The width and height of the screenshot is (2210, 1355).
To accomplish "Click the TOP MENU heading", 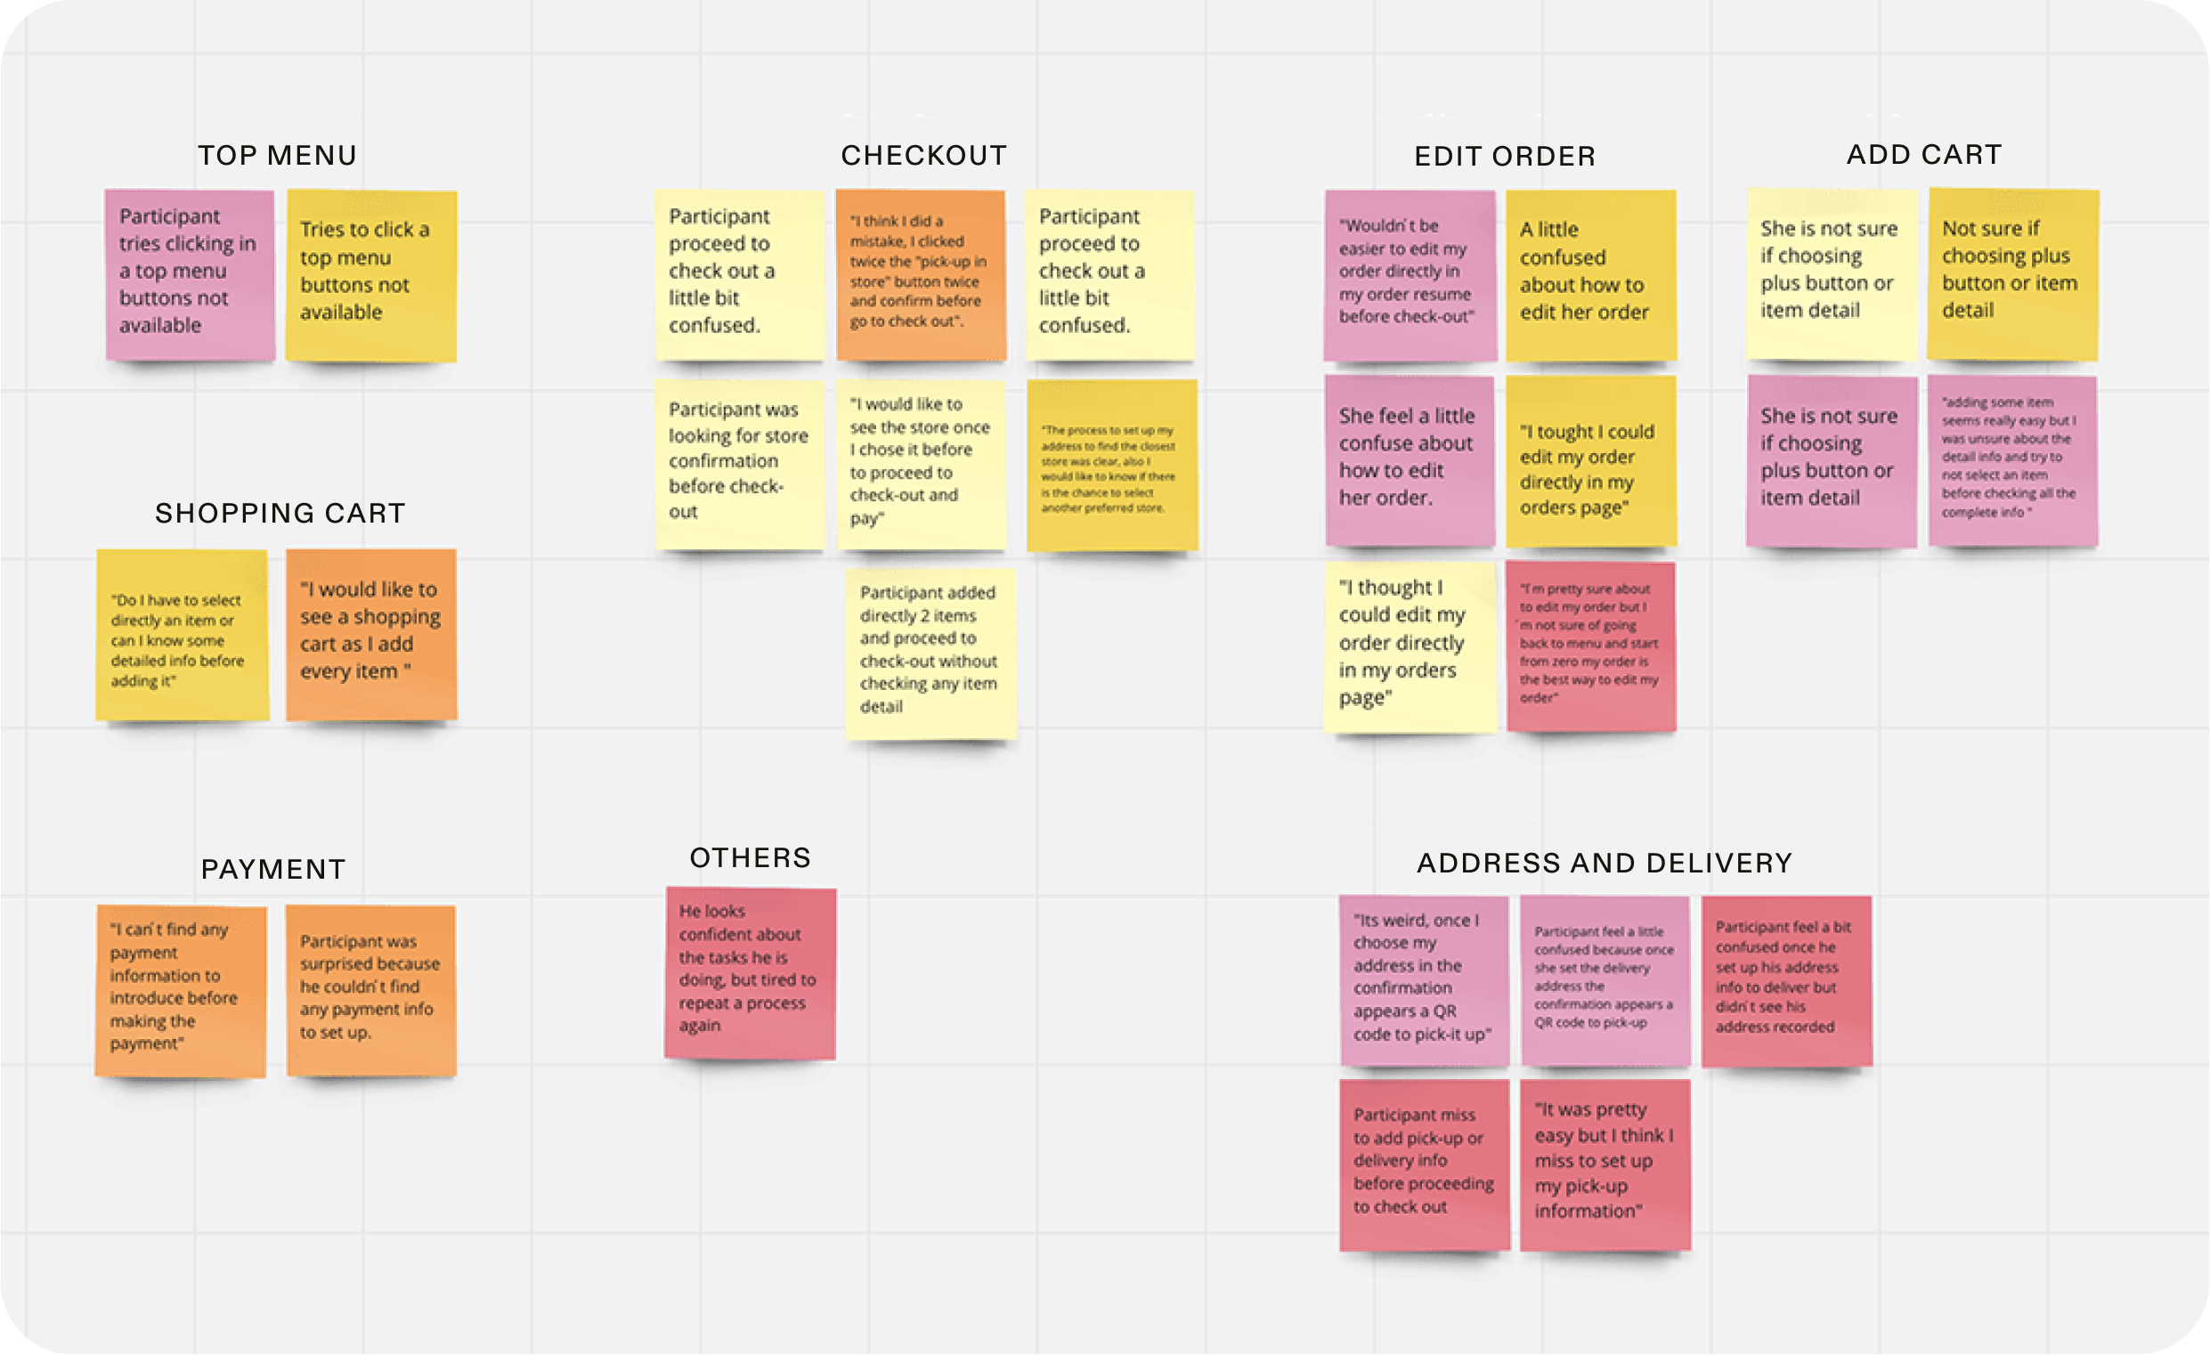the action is [277, 155].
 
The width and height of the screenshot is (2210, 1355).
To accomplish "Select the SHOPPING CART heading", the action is [280, 513].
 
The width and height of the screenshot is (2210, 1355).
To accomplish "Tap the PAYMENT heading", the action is [272, 869].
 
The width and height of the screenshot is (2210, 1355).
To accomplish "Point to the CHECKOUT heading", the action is [924, 155].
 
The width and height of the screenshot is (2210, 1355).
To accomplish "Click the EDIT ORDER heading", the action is [1505, 156].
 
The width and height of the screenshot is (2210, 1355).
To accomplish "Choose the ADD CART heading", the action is [1924, 154].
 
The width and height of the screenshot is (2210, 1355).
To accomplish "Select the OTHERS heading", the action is [750, 857].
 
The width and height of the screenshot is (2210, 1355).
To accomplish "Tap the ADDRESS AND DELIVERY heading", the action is [1605, 863].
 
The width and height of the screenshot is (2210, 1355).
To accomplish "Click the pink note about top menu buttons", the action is [190, 273].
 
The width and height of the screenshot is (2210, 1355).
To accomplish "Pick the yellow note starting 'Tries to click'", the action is [370, 274].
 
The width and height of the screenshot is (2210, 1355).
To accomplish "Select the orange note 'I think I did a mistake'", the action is [920, 273].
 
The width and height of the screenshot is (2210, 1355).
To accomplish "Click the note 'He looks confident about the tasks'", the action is [750, 972].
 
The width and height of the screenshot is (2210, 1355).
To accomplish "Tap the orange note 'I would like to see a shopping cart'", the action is [370, 633].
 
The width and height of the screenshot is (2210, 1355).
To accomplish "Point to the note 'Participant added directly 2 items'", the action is [930, 652].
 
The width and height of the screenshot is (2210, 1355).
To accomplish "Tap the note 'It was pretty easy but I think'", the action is [1605, 1163].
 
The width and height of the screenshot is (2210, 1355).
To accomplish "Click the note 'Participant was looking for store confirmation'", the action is [739, 463].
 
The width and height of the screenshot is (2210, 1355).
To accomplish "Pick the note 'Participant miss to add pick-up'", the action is [1425, 1163].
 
